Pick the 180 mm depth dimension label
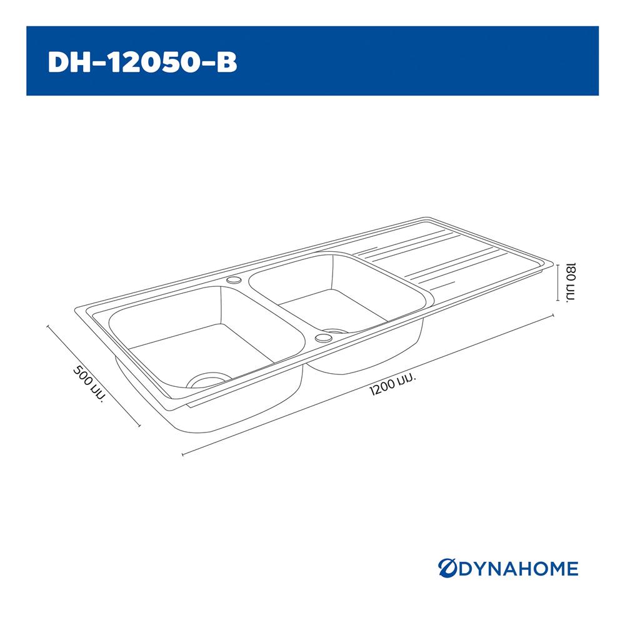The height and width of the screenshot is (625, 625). point(571,282)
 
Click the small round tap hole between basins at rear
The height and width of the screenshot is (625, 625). point(234,281)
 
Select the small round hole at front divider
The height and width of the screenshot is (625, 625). point(323,338)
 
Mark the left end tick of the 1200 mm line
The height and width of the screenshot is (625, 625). point(182,454)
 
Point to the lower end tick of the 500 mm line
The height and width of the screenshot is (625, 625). point(139,426)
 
